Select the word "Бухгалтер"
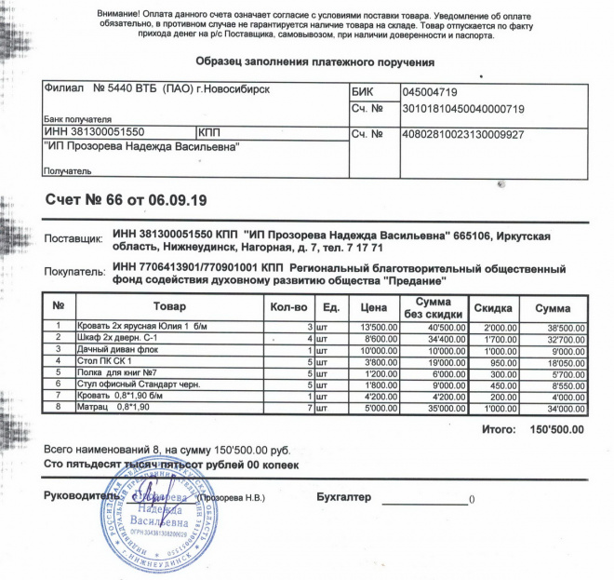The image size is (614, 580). click(343, 496)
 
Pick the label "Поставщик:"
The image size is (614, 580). click(73, 240)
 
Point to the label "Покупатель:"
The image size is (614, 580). click(76, 274)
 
